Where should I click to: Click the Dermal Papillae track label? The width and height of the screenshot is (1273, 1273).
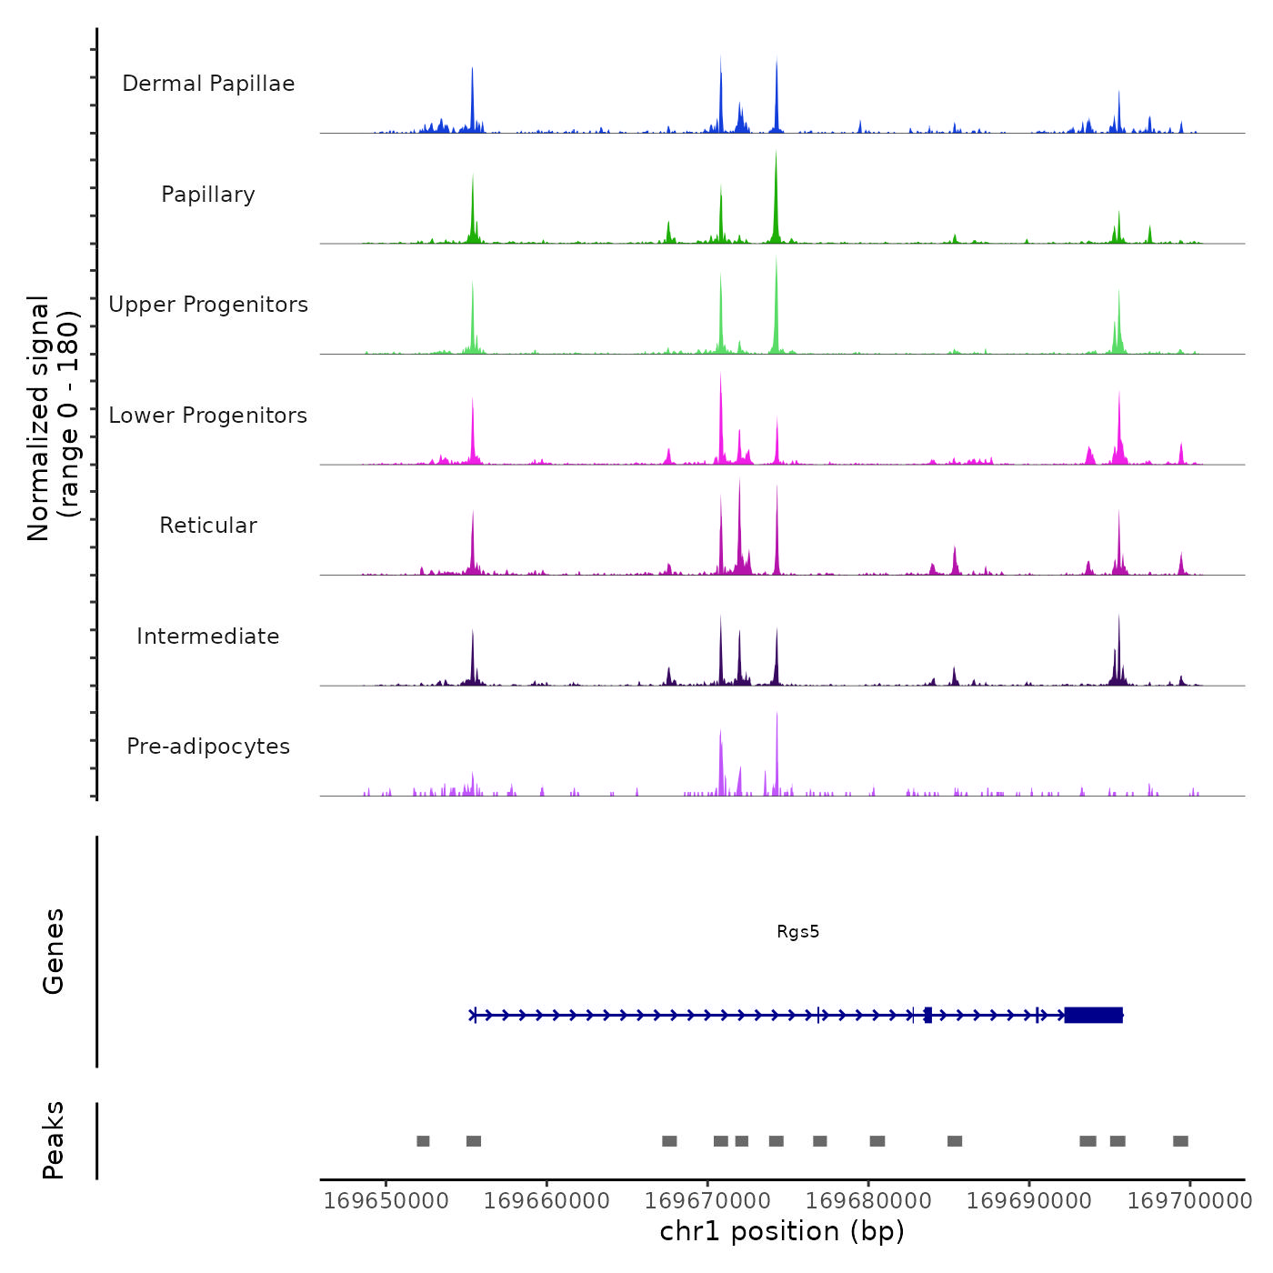[208, 84]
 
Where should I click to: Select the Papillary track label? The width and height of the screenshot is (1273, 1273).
[208, 195]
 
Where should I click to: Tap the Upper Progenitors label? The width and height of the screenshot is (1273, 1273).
[208, 305]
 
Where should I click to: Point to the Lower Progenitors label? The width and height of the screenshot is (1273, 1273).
[208, 416]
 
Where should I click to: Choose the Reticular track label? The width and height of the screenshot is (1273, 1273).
[208, 526]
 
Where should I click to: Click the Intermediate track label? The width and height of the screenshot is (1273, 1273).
[208, 636]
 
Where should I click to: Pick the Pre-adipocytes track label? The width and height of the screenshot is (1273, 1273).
[208, 747]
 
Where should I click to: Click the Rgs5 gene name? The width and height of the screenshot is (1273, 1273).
[797, 931]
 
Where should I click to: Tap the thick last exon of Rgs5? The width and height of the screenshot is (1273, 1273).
[1094, 1015]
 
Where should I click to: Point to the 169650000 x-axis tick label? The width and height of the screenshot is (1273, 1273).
[386, 1200]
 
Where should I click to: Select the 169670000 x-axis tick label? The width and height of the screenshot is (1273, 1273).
[707, 1200]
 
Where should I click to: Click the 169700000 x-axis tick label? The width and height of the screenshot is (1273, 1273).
[1189, 1200]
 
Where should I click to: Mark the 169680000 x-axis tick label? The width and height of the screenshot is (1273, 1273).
[868, 1200]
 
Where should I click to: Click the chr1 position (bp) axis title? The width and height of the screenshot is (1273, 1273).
[782, 1231]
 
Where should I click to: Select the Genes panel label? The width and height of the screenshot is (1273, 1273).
[54, 951]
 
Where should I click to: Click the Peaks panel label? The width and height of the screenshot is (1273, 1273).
[54, 1140]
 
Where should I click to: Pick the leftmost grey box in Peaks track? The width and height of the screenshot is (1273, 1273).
[423, 1141]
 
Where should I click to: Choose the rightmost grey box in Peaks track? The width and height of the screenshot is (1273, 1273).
[1180, 1141]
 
